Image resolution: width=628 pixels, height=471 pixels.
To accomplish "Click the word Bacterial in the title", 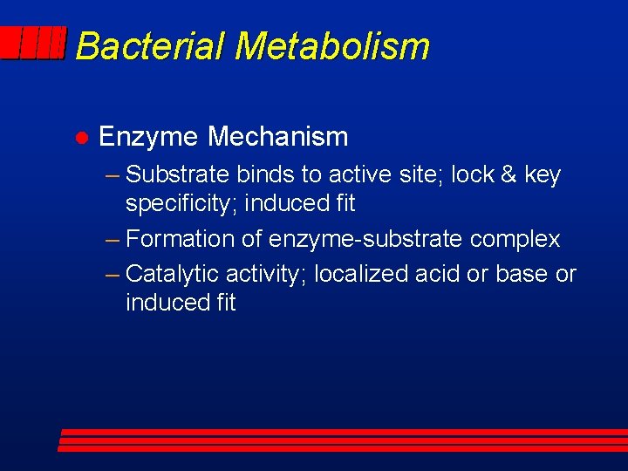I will point(150,45).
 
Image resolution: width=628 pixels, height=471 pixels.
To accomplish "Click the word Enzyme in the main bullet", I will point(148,137).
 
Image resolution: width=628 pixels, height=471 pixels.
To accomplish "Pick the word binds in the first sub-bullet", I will point(267,174).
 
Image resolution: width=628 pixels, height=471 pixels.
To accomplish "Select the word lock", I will point(474,174).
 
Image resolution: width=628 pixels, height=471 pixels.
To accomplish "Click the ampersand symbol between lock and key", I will point(509,174).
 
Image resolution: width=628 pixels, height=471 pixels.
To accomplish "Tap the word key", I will point(543,175).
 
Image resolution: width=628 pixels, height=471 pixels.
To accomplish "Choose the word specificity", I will point(181,204).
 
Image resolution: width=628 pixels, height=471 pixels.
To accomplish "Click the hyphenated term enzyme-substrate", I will point(367,239).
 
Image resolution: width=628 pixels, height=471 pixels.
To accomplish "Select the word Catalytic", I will point(173,274).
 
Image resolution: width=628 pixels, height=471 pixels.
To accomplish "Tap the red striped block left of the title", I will point(33,43).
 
